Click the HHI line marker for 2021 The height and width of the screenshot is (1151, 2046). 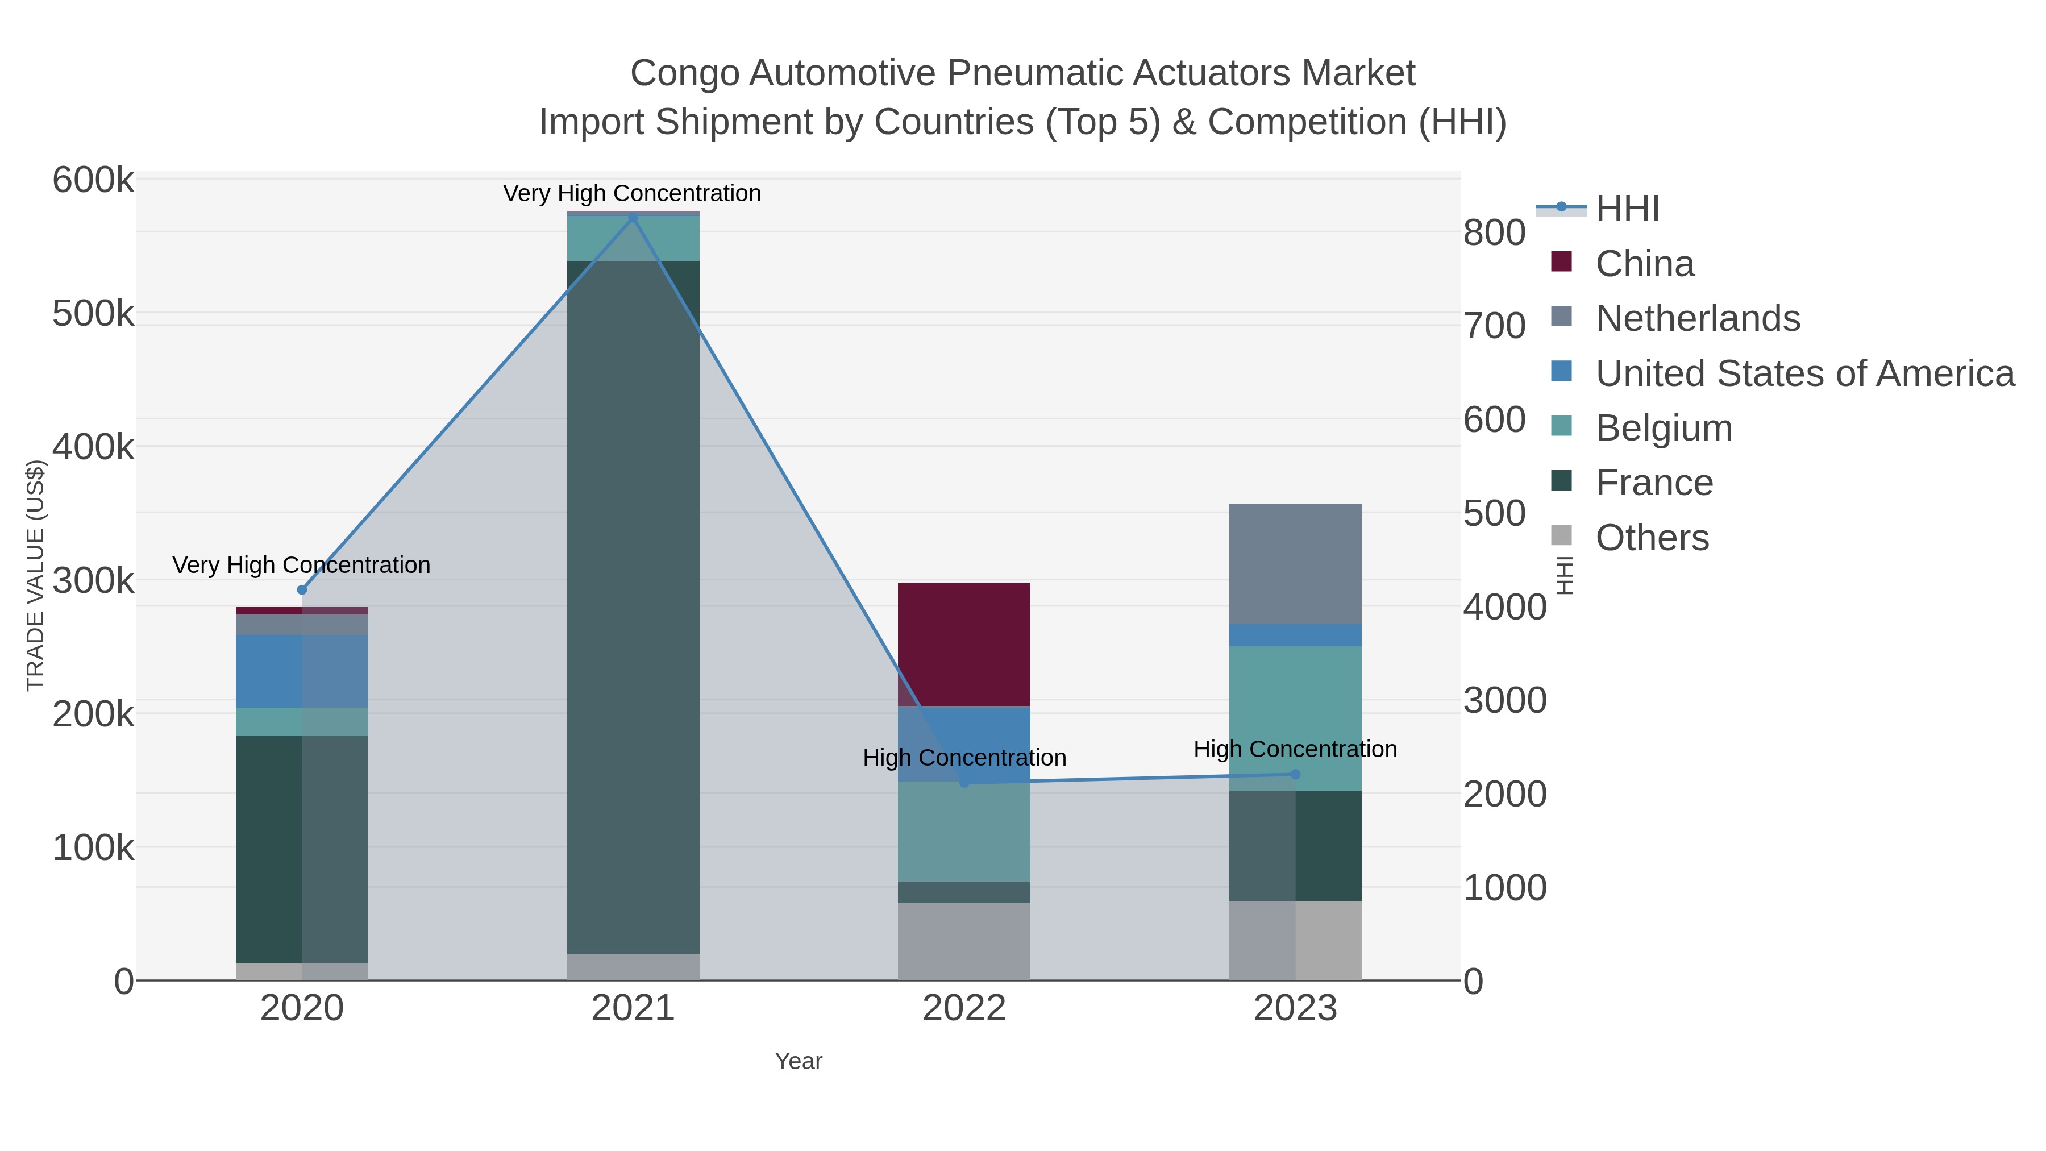[x=633, y=218]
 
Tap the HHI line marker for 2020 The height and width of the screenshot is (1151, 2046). [x=302, y=589]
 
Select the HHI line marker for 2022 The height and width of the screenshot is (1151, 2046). [x=964, y=783]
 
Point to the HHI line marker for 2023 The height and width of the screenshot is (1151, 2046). [x=1295, y=775]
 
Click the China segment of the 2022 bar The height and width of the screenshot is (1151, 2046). [x=964, y=644]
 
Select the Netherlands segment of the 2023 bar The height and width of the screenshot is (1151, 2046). [x=1295, y=564]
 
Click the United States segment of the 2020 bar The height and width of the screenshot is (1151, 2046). [x=302, y=671]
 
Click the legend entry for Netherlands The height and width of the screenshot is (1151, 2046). [x=1697, y=318]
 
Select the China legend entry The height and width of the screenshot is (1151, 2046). [x=1644, y=264]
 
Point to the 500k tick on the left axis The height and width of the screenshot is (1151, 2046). [x=94, y=314]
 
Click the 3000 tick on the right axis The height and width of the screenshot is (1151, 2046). [x=1505, y=701]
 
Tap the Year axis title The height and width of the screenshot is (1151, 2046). [x=799, y=1061]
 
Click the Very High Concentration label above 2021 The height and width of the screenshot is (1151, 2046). [x=632, y=193]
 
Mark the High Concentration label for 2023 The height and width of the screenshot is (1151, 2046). [x=1295, y=749]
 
